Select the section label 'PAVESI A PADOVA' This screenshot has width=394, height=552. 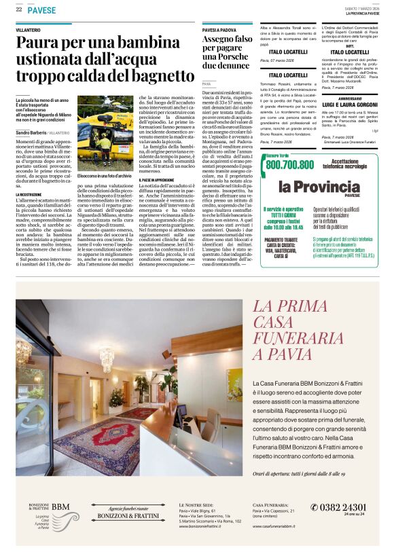pos(219,31)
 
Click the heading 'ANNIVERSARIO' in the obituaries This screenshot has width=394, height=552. pos(349,96)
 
